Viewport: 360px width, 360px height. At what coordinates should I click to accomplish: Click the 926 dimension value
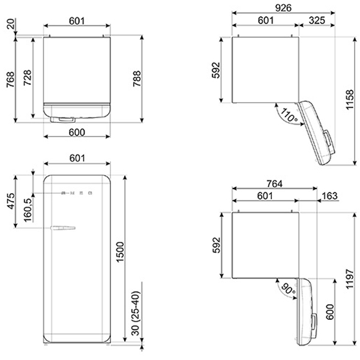coord(283,8)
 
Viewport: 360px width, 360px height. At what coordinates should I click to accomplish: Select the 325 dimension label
coord(317,20)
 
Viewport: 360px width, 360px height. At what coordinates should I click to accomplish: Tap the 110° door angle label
coord(289,115)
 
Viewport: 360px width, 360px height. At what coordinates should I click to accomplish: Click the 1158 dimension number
coord(350,100)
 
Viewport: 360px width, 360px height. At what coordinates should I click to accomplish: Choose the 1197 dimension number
coord(350,279)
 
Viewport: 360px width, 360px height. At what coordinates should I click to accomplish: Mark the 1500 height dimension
coord(120,251)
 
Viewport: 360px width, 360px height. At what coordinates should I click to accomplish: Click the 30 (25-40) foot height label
coord(136,313)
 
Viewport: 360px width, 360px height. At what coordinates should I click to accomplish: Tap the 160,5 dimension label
coord(28,210)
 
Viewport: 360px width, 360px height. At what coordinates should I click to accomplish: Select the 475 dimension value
coord(11,202)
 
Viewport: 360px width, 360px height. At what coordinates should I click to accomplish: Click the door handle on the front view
coord(62,228)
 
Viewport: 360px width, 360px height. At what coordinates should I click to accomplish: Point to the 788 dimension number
coord(137,79)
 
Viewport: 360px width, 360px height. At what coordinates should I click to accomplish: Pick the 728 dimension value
coord(28,77)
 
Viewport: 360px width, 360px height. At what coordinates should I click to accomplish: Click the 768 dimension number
coord(11,79)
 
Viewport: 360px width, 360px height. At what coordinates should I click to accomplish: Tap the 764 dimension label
coord(275,184)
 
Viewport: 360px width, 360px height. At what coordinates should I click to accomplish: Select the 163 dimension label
coord(329,196)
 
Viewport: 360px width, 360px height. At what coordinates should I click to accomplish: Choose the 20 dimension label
coord(11,23)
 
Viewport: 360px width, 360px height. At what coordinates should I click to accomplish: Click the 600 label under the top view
coord(77,132)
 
